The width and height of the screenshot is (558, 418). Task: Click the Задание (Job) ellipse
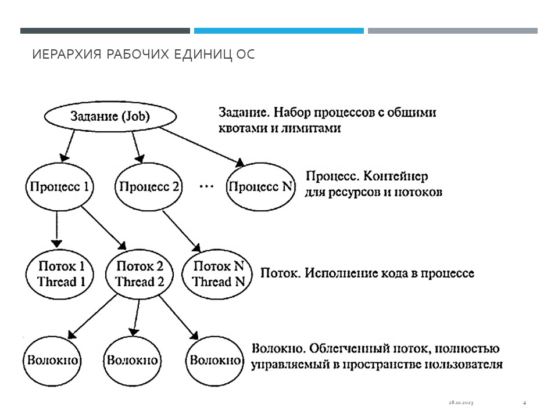[x=109, y=116]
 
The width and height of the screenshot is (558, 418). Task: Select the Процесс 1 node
[x=60, y=187]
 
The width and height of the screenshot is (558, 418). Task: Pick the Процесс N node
[x=261, y=187]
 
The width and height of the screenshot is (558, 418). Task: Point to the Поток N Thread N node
[x=218, y=274]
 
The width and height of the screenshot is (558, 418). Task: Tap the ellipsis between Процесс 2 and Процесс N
[x=206, y=187]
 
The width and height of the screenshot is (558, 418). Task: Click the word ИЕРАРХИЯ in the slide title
[x=64, y=55]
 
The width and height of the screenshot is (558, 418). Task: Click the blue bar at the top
[x=279, y=31]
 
